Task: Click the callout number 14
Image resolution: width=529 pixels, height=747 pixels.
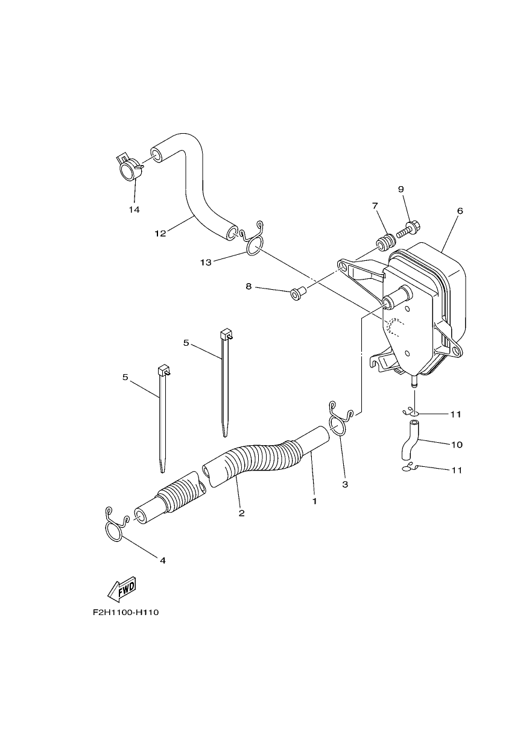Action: pyautogui.click(x=134, y=210)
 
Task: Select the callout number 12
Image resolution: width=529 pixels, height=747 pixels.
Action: pyautogui.click(x=160, y=234)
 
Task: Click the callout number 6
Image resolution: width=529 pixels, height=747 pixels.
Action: pyautogui.click(x=460, y=211)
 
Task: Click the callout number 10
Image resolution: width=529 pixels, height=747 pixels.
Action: pyautogui.click(x=457, y=445)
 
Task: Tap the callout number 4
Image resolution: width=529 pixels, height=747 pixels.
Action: pyautogui.click(x=163, y=561)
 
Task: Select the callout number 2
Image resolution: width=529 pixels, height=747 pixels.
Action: pyautogui.click(x=241, y=522)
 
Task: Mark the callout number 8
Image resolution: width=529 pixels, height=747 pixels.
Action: pyautogui.click(x=248, y=286)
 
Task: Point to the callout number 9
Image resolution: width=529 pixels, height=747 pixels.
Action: pyautogui.click(x=401, y=189)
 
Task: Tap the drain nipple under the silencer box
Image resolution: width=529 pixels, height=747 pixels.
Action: pyautogui.click(x=414, y=381)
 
